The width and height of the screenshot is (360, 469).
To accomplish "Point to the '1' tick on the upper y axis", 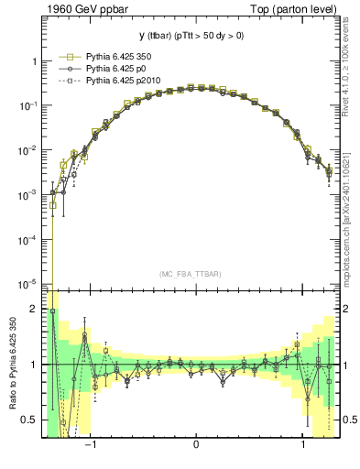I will click(x=35, y=61).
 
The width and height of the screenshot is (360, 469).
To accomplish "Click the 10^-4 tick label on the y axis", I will click(x=29, y=240).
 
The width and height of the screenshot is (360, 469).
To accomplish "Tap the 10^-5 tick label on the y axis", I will click(x=29, y=284).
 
